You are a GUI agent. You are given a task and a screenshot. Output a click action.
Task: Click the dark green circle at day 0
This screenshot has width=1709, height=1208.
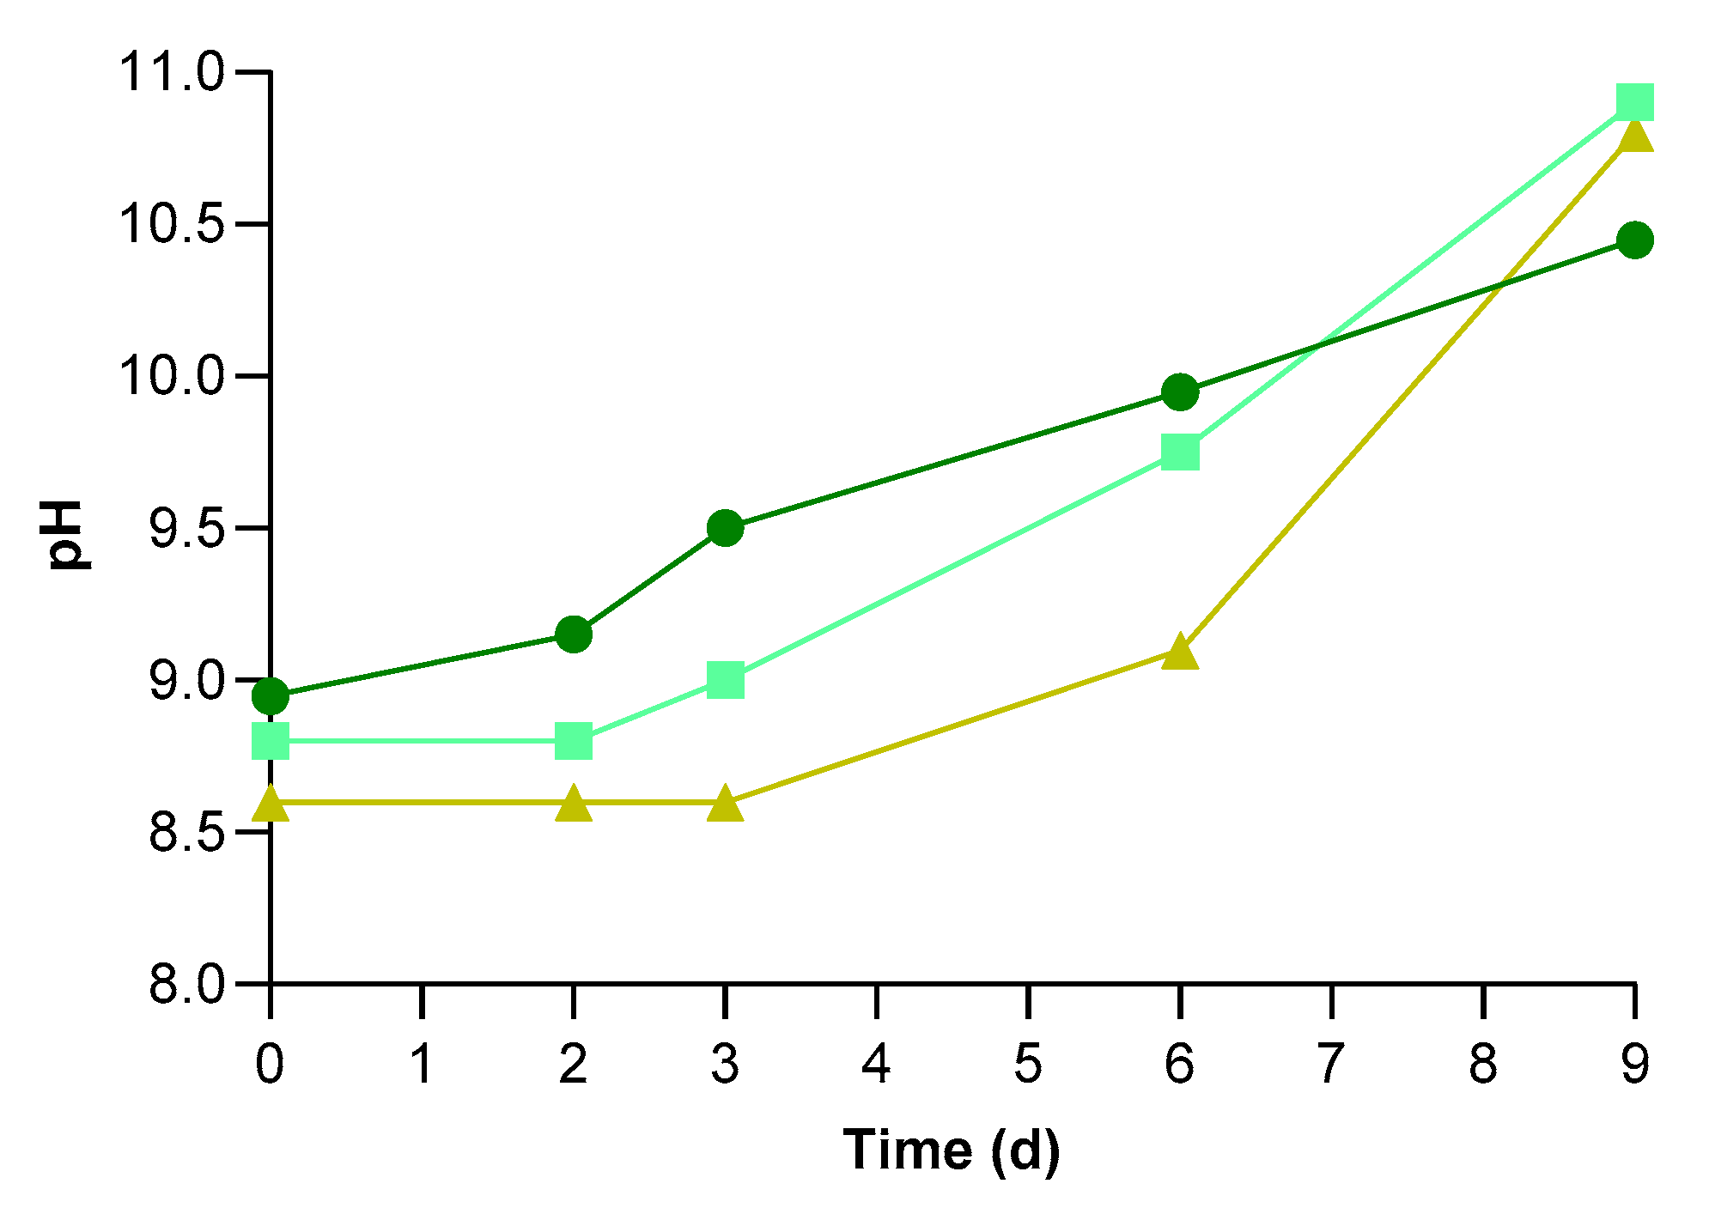click(271, 695)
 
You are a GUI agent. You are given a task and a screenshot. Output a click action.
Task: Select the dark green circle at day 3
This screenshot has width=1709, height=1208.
click(725, 528)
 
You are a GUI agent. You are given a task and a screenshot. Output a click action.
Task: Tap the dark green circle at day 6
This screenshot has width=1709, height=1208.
click(1180, 392)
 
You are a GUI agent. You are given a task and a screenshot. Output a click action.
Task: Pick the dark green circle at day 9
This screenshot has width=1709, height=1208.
click(1634, 240)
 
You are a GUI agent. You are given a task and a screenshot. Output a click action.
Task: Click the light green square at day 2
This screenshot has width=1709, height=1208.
click(574, 740)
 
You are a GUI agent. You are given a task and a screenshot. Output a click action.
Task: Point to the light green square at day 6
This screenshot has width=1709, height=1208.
click(1180, 452)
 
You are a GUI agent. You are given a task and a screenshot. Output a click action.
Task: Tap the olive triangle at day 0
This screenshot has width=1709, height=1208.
click(271, 804)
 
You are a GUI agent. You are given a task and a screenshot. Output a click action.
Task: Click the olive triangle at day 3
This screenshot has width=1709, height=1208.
click(725, 804)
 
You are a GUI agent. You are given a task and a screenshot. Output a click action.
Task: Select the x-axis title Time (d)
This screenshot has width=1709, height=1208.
click(952, 1150)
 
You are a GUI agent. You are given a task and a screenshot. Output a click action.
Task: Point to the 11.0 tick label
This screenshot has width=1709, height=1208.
click(171, 72)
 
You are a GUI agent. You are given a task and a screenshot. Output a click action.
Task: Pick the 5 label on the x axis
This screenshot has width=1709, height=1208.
click(1028, 1065)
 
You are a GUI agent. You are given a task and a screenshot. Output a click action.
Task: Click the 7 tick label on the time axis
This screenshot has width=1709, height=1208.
click(1331, 1065)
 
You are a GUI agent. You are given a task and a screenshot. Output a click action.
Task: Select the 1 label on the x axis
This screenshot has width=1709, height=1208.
click(422, 1065)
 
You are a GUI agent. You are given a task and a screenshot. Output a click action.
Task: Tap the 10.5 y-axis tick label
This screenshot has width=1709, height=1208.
click(171, 225)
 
